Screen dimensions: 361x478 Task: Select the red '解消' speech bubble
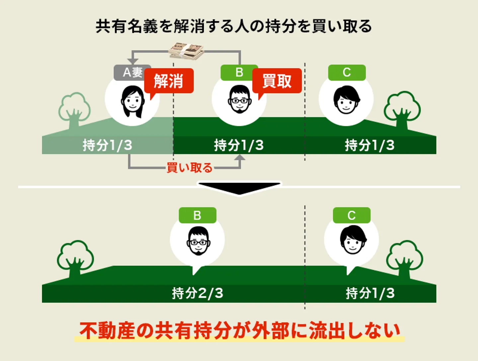click(169, 81)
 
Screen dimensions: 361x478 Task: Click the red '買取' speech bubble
click(277, 81)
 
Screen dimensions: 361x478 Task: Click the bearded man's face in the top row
click(239, 99)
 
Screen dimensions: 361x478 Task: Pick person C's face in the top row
click(346, 99)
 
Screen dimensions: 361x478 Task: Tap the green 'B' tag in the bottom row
click(198, 215)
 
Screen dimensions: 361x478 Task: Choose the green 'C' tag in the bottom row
click(352, 215)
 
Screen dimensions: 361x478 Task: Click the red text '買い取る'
click(190, 168)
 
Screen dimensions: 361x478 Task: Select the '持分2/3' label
click(198, 293)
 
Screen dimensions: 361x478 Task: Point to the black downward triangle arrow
click(239, 188)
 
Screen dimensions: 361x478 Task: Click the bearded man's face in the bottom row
click(198, 241)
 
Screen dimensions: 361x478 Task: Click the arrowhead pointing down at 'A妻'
click(133, 62)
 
